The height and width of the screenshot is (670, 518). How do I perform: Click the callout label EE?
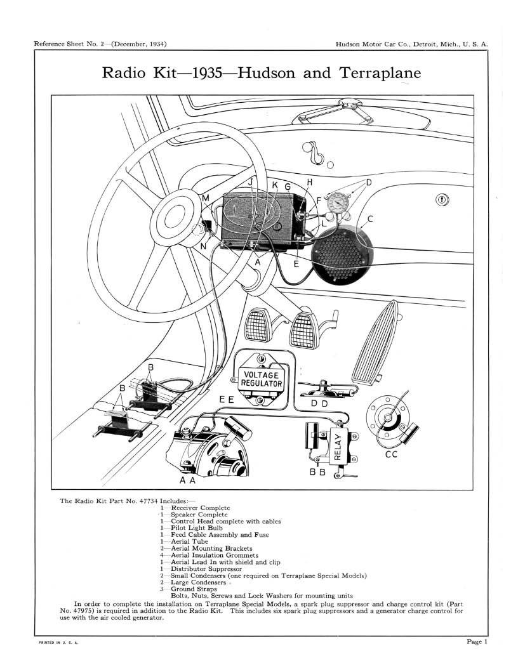(226, 400)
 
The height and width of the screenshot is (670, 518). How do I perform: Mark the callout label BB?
(317, 473)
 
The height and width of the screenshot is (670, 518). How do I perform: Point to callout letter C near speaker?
(369, 219)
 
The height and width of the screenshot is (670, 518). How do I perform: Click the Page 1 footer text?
(477, 641)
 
